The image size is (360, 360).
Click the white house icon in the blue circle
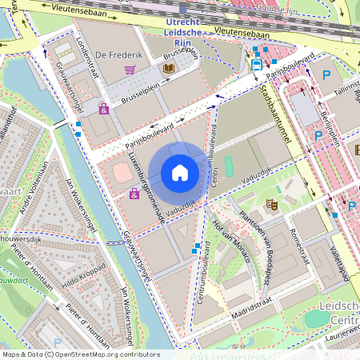pyautogui.click(x=179, y=173)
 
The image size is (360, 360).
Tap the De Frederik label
pyautogui.click(x=113, y=54)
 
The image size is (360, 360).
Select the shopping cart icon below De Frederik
pyautogui.click(x=130, y=70)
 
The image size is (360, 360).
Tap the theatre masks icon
pyautogui.click(x=272, y=204)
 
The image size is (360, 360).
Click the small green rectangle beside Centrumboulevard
pyautogui.click(x=229, y=166)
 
